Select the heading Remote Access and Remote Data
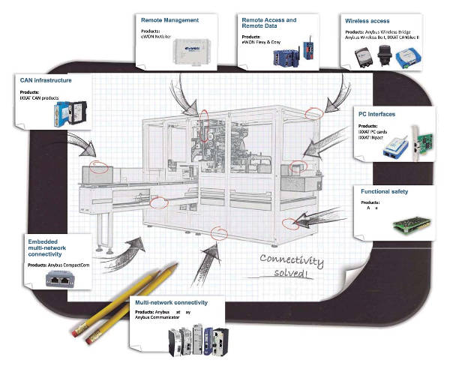pos(268,23)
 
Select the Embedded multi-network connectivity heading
pos(54,247)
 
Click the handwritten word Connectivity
pos(292,260)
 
